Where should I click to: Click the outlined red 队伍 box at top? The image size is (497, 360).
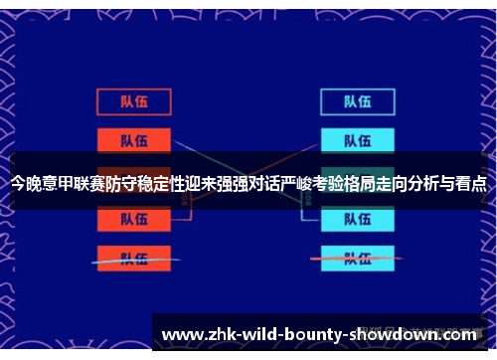coord(134,101)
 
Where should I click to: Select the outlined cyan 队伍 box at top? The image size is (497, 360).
coord(357,101)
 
